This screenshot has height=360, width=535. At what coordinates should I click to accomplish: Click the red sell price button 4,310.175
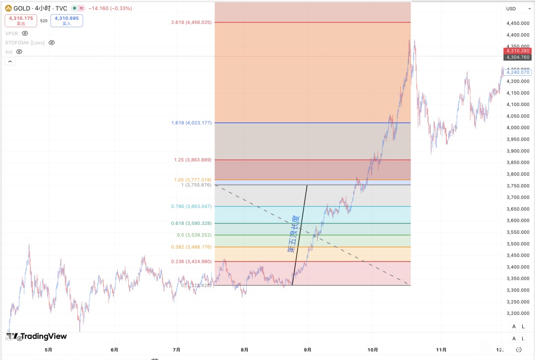pyautogui.click(x=21, y=20)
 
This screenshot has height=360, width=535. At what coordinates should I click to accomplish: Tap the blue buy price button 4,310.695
pyautogui.click(x=66, y=20)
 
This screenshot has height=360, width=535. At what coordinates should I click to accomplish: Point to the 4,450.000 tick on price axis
pyautogui.click(x=517, y=23)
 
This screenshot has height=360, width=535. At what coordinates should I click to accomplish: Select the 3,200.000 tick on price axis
pyautogui.click(x=517, y=313)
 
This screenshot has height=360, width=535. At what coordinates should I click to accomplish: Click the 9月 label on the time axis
pyautogui.click(x=307, y=350)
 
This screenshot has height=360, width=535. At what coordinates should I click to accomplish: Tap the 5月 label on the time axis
pyautogui.click(x=48, y=350)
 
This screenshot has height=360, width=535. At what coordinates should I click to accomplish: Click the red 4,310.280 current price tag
pyautogui.click(x=517, y=51)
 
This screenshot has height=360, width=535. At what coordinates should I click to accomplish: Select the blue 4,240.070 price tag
pyautogui.click(x=518, y=72)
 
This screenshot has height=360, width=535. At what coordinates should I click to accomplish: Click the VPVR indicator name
pyautogui.click(x=11, y=33)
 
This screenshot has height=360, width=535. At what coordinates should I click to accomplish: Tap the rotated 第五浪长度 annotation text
pyautogui.click(x=294, y=234)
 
